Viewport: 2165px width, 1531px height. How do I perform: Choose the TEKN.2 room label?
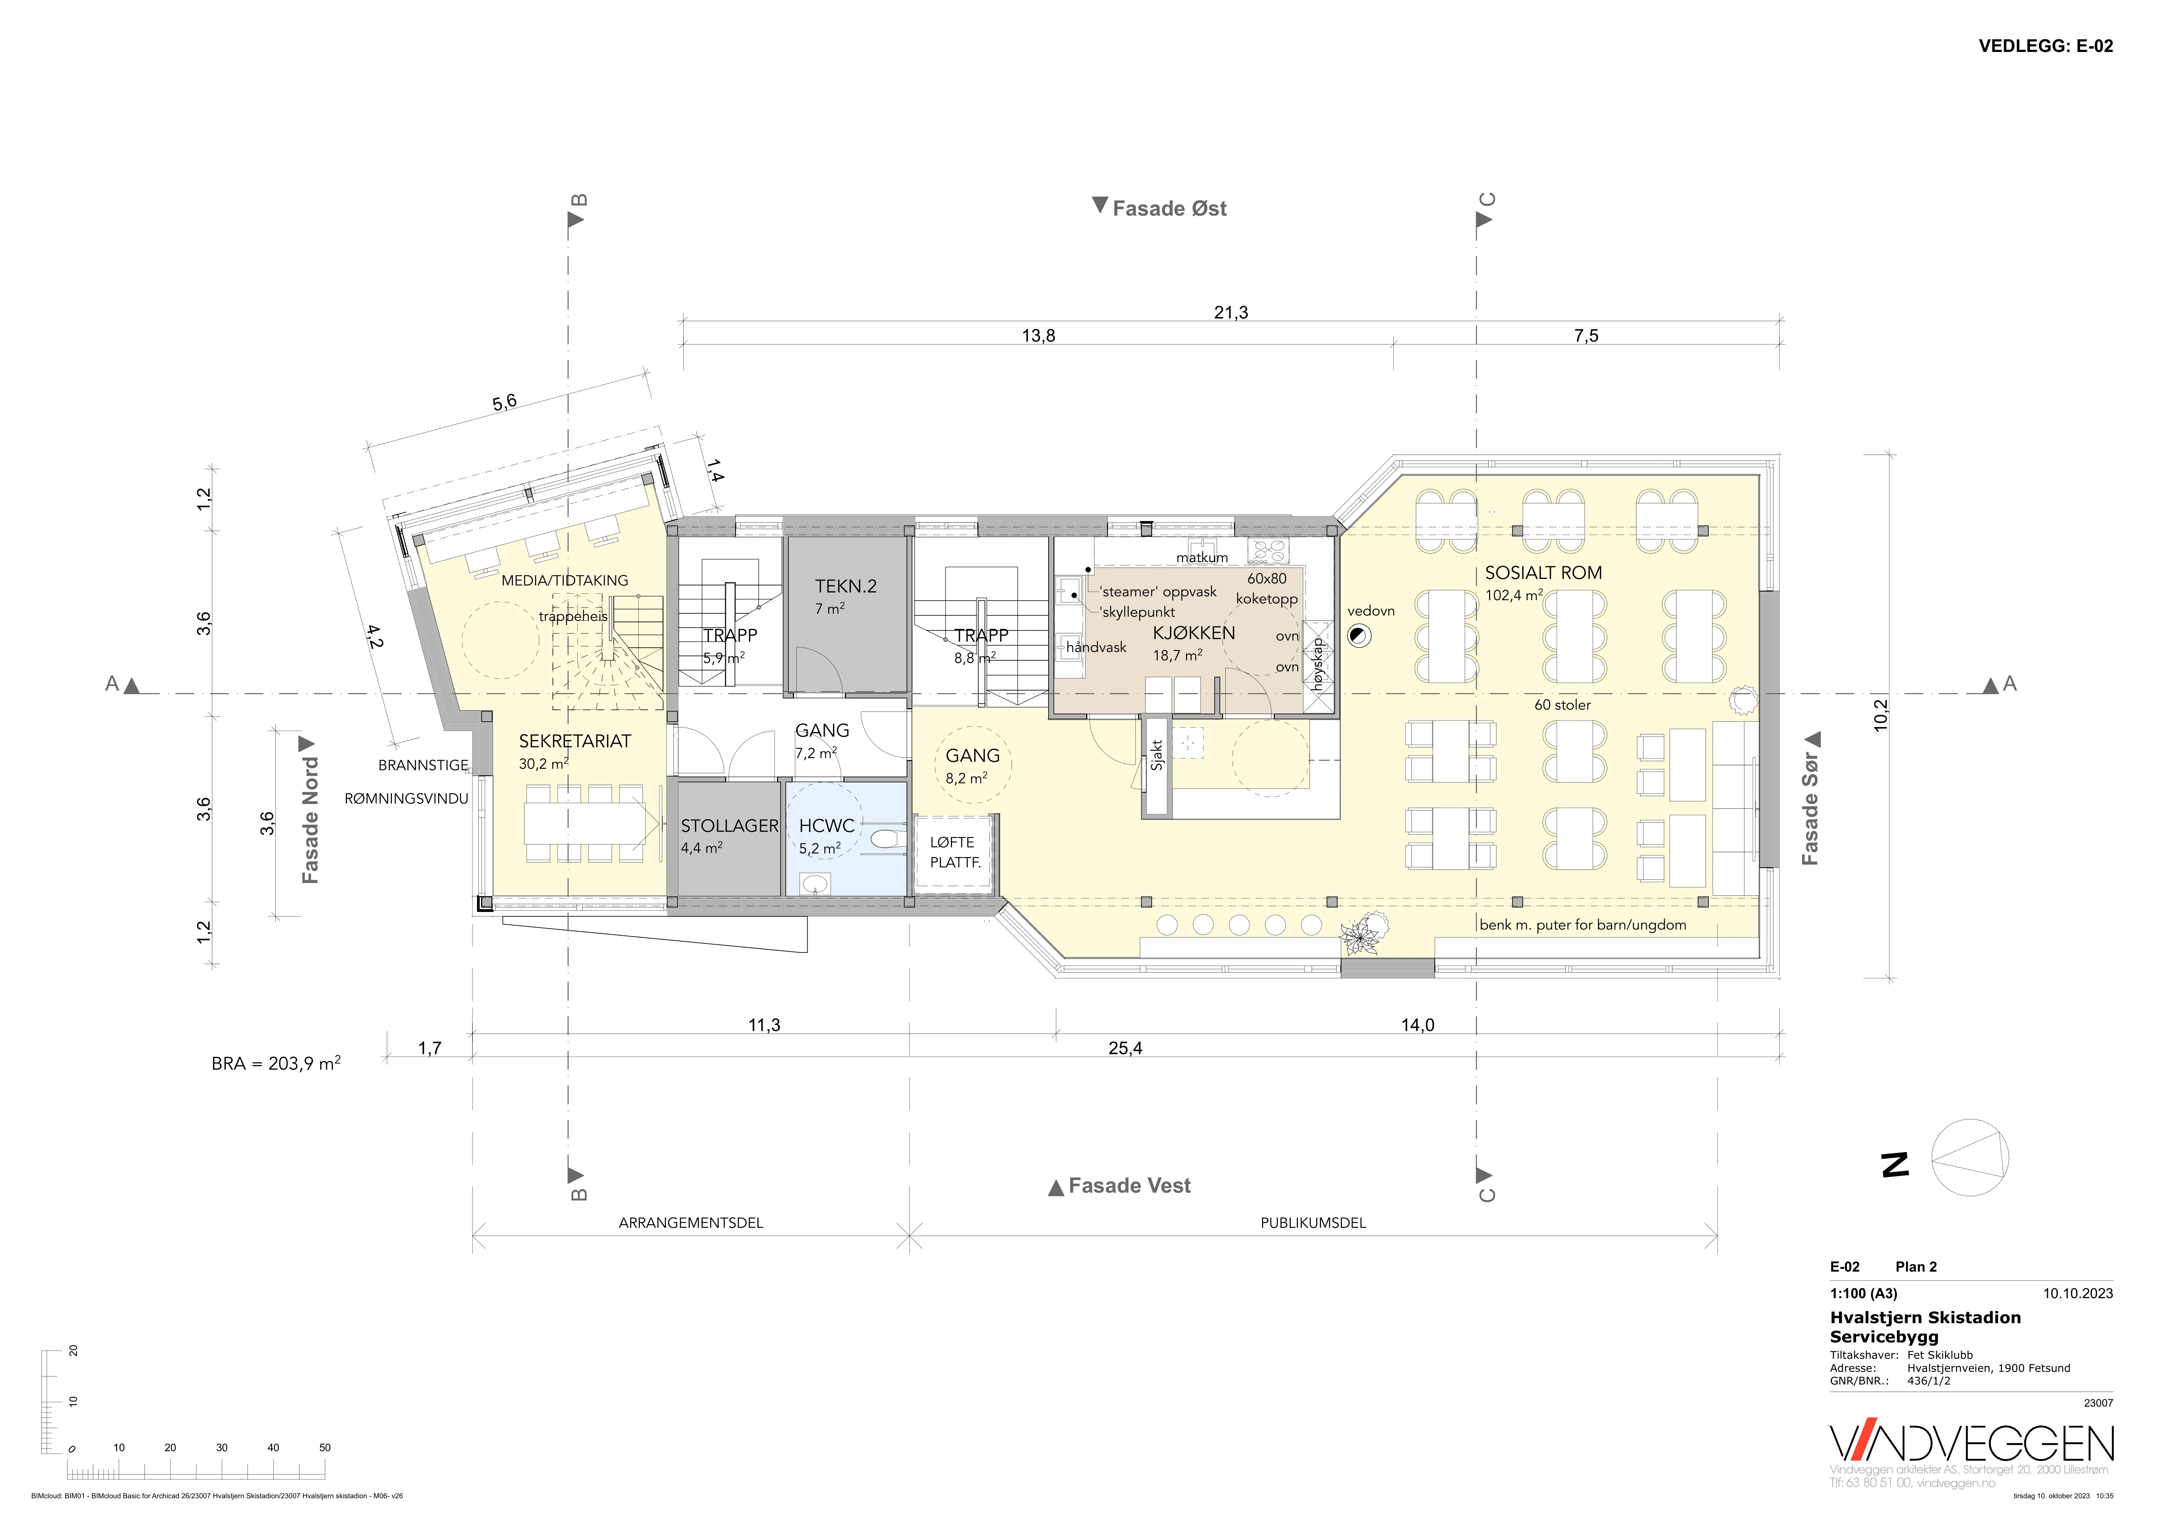click(846, 586)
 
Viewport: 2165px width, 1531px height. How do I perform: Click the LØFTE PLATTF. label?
click(954, 852)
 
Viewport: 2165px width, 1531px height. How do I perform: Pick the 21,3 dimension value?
click(1231, 312)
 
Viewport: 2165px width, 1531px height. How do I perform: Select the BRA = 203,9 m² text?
click(275, 1063)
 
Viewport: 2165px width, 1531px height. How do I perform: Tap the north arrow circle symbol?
click(1970, 1158)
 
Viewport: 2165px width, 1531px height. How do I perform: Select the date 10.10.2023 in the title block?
click(2077, 1293)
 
